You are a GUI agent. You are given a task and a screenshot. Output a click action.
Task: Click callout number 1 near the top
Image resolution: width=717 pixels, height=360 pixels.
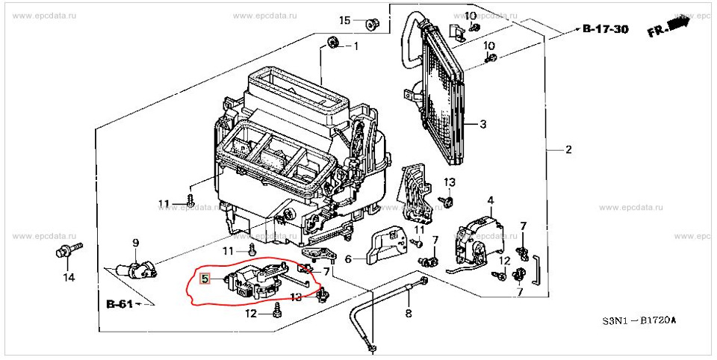tap(356, 46)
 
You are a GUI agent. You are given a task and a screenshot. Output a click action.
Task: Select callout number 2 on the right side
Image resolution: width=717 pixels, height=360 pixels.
tap(568, 150)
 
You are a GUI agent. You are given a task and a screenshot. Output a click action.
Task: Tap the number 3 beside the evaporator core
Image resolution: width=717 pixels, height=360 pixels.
tap(482, 124)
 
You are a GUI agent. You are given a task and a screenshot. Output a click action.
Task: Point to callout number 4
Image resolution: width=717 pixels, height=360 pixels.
tap(491, 200)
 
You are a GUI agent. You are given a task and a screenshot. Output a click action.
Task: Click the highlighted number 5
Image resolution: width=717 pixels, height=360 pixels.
tap(205, 279)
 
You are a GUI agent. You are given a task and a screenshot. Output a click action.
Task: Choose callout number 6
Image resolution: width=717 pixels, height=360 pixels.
tap(348, 260)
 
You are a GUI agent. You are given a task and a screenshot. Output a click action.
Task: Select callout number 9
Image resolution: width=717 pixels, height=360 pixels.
tap(136, 242)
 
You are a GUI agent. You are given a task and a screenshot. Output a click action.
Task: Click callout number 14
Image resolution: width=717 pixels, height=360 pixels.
tap(69, 278)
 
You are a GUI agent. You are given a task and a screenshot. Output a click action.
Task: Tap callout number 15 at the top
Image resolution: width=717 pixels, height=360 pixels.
tap(344, 19)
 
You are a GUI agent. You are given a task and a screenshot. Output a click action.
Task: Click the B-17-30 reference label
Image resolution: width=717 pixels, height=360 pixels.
tap(606, 30)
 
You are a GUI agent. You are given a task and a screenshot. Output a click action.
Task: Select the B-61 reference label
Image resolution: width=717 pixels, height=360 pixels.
tap(119, 304)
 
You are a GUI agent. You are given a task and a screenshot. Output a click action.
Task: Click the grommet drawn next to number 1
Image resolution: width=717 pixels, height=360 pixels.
tap(333, 42)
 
